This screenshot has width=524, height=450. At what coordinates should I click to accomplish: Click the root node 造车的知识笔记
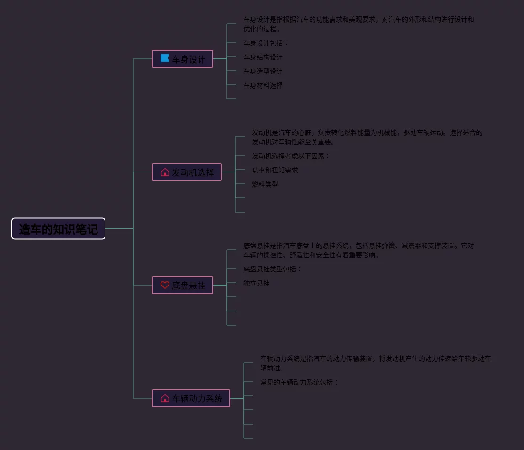click(x=58, y=229)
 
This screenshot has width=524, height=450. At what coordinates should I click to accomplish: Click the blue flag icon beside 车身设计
click(x=165, y=59)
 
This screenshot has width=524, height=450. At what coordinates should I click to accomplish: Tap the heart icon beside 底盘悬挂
click(x=165, y=285)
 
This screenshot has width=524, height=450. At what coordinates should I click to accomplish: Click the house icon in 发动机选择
click(x=165, y=172)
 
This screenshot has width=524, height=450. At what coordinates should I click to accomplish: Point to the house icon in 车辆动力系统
click(x=165, y=399)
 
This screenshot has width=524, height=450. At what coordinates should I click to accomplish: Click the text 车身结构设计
click(x=263, y=57)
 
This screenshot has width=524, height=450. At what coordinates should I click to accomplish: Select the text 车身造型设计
click(x=263, y=71)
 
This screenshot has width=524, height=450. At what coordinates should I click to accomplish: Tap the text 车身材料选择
click(x=263, y=85)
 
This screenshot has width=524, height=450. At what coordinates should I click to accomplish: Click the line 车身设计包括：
click(x=266, y=43)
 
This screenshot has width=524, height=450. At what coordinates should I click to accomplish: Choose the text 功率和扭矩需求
click(x=275, y=170)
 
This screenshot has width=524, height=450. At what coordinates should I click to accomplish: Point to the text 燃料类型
click(x=265, y=184)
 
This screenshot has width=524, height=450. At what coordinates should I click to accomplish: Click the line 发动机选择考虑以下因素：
click(x=291, y=156)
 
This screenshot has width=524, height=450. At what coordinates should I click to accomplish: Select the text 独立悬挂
click(x=257, y=283)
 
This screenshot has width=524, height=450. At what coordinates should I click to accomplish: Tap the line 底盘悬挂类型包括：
click(x=272, y=269)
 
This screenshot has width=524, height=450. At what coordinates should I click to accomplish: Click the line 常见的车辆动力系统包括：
click(x=299, y=382)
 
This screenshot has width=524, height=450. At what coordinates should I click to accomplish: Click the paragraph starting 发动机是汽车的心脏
click(x=367, y=137)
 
